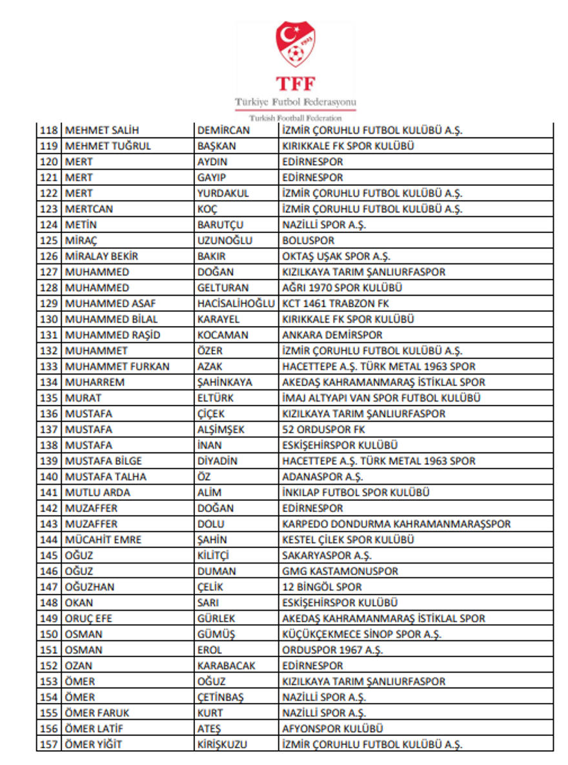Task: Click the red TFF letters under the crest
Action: point(295,84)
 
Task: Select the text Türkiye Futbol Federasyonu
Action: point(295,103)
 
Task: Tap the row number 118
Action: point(50,130)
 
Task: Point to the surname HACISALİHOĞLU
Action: point(236,303)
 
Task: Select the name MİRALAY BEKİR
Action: point(101,256)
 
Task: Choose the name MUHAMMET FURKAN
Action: point(117,367)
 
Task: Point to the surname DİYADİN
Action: point(218,461)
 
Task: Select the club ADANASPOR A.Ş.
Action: point(322,477)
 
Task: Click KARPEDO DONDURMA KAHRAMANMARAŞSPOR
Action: point(396,524)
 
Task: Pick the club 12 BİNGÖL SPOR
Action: point(321,587)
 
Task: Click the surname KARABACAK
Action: point(226,666)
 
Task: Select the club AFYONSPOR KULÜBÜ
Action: point(329,729)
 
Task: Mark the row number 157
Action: point(50,744)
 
